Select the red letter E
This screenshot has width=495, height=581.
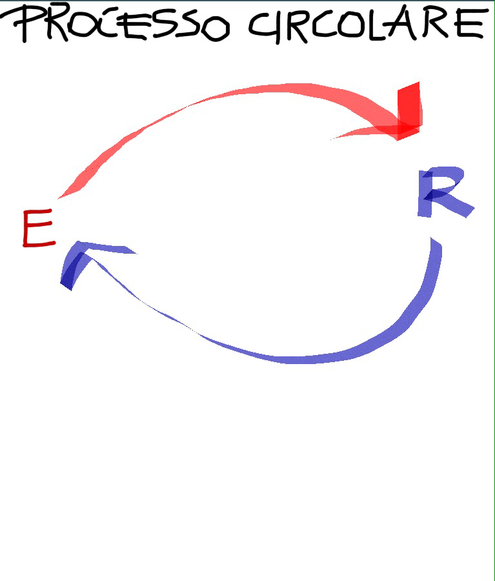(x=38, y=229)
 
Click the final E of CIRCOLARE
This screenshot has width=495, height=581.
(x=469, y=24)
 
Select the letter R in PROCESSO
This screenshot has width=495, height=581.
(x=55, y=25)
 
